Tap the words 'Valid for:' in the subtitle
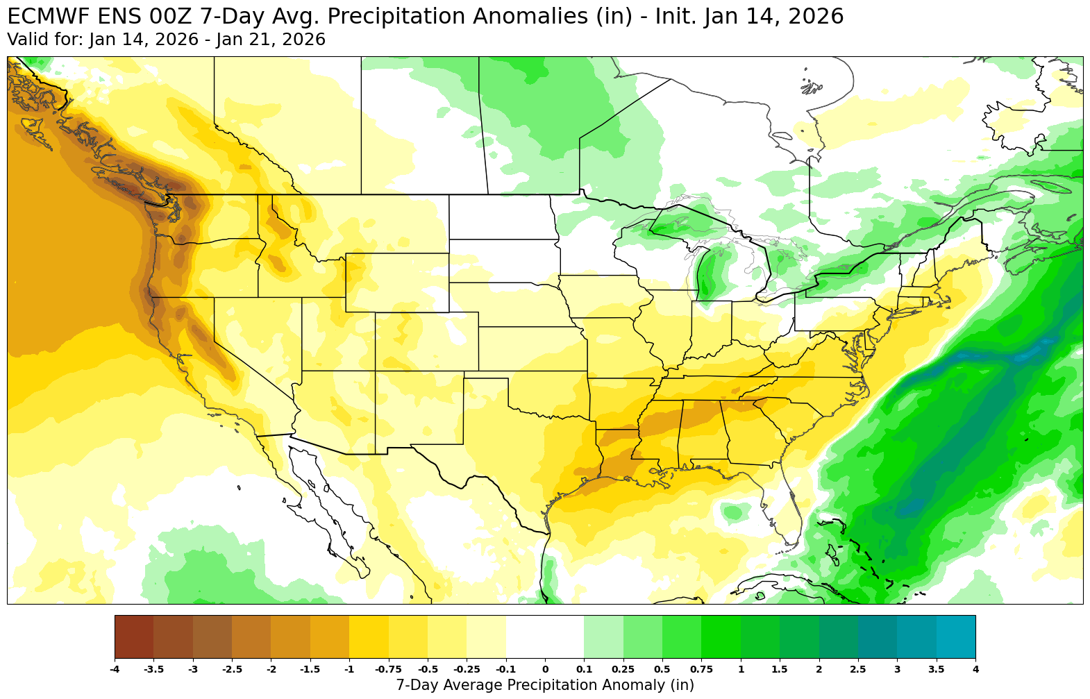click(44, 40)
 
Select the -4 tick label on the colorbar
click(115, 669)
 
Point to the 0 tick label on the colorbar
click(545, 669)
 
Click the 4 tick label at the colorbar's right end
click(975, 669)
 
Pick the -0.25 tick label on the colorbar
click(466, 669)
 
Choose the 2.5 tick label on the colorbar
click(858, 669)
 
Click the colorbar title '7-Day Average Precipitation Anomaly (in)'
click(545, 685)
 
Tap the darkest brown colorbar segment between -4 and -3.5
click(134, 637)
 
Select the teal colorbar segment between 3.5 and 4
click(956, 637)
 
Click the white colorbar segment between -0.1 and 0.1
click(545, 637)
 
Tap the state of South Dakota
click(503, 260)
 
